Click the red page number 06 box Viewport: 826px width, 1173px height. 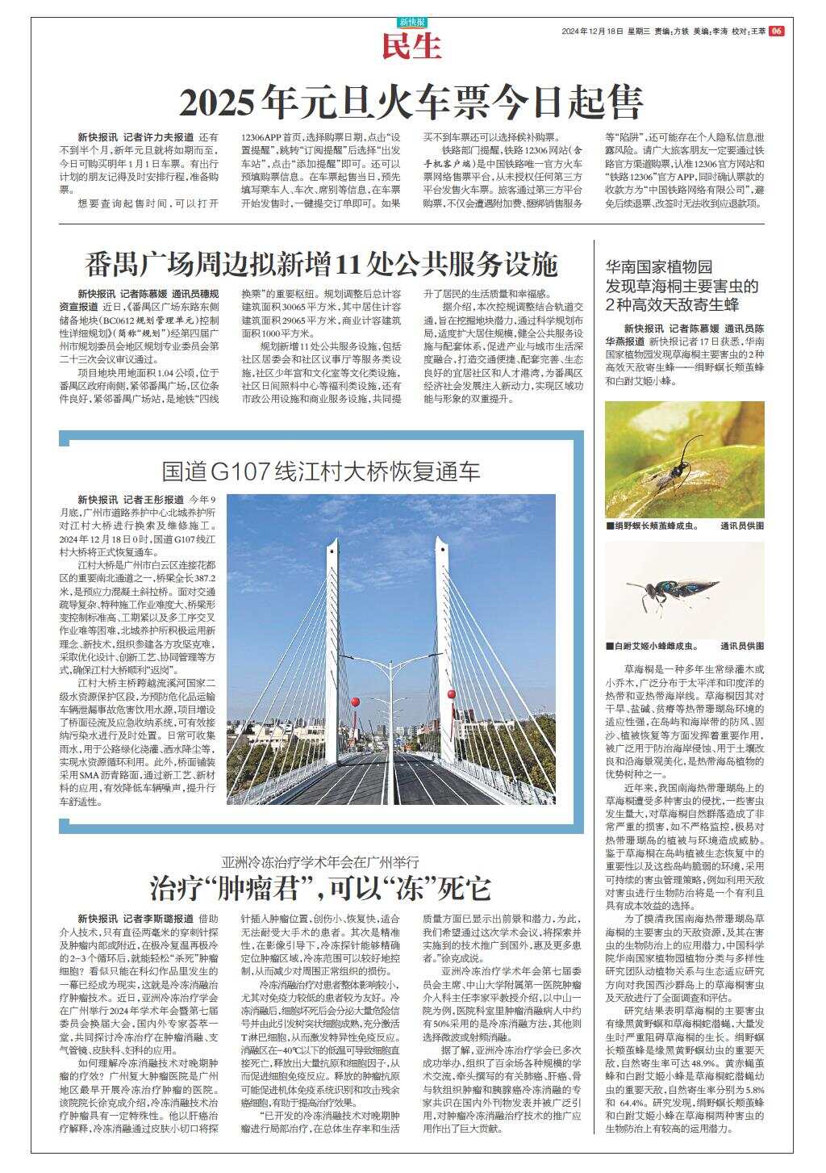776,31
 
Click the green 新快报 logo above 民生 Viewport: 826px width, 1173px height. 412,23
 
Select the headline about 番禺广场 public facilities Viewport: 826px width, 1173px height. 322,263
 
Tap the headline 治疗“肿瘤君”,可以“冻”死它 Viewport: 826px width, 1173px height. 321,888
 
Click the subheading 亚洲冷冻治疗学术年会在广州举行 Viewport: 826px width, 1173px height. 321,861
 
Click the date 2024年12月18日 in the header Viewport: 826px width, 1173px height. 593,31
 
